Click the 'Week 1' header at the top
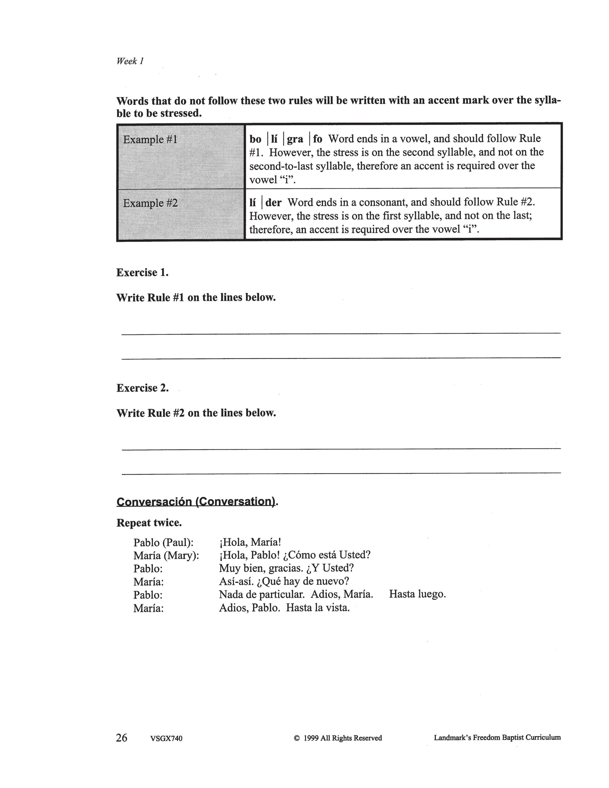pyautogui.click(x=130, y=61)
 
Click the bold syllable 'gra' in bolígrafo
pyautogui.click(x=295, y=139)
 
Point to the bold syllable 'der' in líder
pyautogui.click(x=273, y=202)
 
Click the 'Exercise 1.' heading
pyautogui.click(x=142, y=272)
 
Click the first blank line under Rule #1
pyautogui.click(x=341, y=333)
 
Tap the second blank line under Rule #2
pyautogui.click(x=341, y=473)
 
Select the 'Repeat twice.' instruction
pyautogui.click(x=149, y=523)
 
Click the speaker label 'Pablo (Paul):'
pyautogui.click(x=163, y=543)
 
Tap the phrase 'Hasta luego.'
pyautogui.click(x=417, y=594)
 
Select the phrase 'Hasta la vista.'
pyautogui.click(x=318, y=608)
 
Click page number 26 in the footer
pyautogui.click(x=122, y=738)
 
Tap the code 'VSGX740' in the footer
pyautogui.click(x=166, y=739)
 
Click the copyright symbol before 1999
pyautogui.click(x=297, y=738)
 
